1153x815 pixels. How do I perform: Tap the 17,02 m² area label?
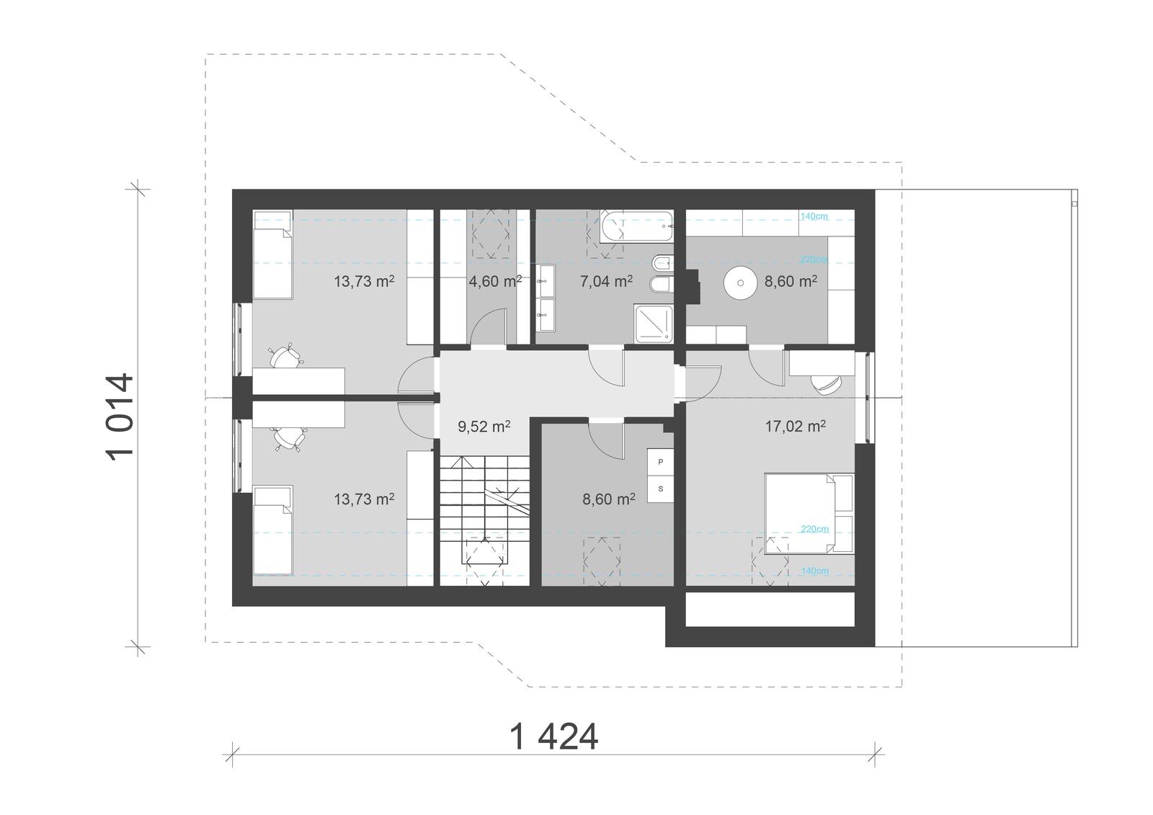click(795, 426)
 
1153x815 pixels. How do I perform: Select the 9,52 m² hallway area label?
click(484, 427)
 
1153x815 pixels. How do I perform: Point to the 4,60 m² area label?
click(495, 281)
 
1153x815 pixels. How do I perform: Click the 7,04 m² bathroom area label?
click(606, 281)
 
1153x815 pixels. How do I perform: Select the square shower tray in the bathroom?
click(654, 324)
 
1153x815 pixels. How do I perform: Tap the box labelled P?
click(661, 461)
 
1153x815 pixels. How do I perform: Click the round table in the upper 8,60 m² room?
click(739, 282)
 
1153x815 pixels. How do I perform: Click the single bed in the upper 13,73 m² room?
click(272, 254)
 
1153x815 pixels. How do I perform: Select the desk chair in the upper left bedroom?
click(285, 355)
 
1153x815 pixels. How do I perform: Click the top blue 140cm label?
click(814, 216)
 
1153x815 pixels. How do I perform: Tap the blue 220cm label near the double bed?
click(814, 529)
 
